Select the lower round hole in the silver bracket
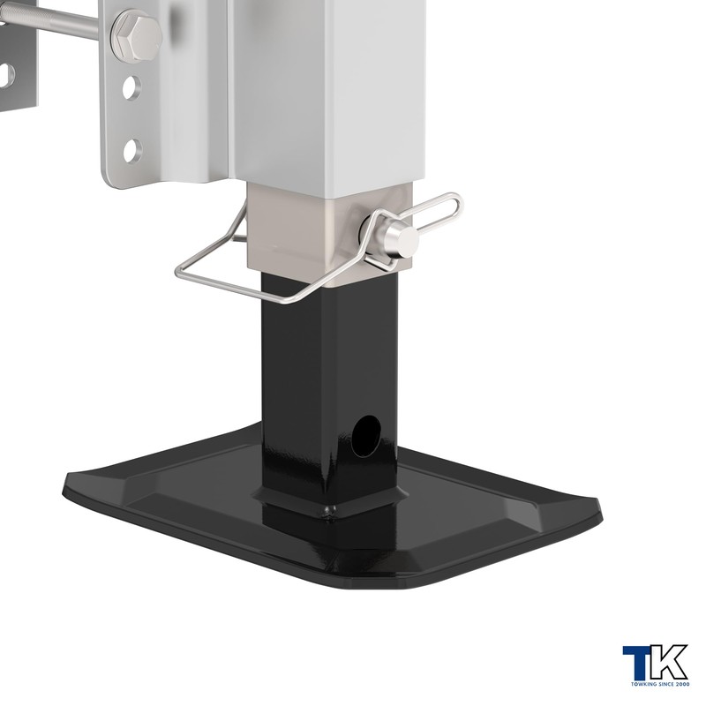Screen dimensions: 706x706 point(132,151)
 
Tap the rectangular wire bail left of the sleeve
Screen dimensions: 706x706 point(234,270)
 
